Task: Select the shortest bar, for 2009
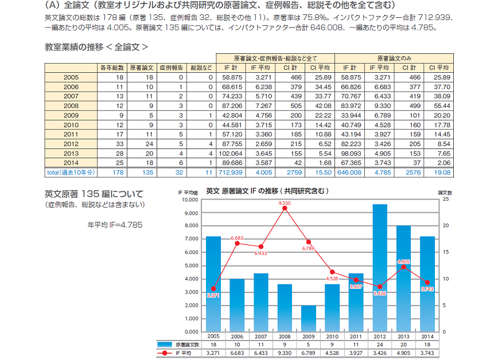coord(309,318)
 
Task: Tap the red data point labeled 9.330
coord(285,209)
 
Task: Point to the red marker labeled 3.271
coord(213,289)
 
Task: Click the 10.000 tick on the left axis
coord(190,200)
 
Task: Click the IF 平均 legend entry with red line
coord(178,353)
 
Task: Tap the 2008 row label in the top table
coord(71,105)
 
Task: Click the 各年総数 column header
coord(112,68)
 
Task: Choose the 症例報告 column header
coord(170,68)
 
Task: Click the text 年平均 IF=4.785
coord(115,224)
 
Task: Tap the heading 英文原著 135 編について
coord(94,194)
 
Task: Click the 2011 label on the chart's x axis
coord(356,336)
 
